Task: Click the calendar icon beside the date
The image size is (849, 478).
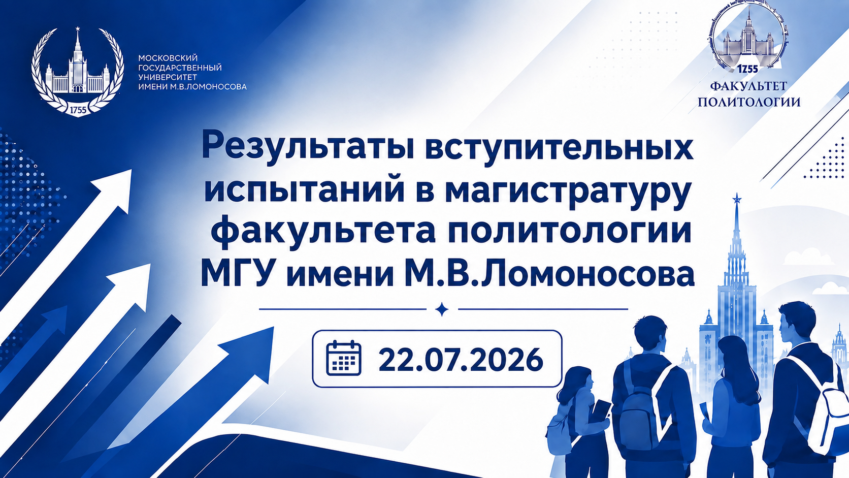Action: (x=343, y=358)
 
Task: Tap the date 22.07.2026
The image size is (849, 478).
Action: (x=461, y=359)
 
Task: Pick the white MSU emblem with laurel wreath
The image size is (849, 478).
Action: (x=78, y=72)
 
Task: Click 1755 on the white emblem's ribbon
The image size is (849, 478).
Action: (x=78, y=110)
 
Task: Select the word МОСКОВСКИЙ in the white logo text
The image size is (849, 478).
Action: (x=168, y=58)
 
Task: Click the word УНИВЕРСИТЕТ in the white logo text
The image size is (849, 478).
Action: (x=168, y=77)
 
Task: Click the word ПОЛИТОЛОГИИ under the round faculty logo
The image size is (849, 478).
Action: (x=749, y=102)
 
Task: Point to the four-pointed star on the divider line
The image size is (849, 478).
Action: (x=442, y=309)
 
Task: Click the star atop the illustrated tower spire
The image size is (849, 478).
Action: (x=737, y=198)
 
